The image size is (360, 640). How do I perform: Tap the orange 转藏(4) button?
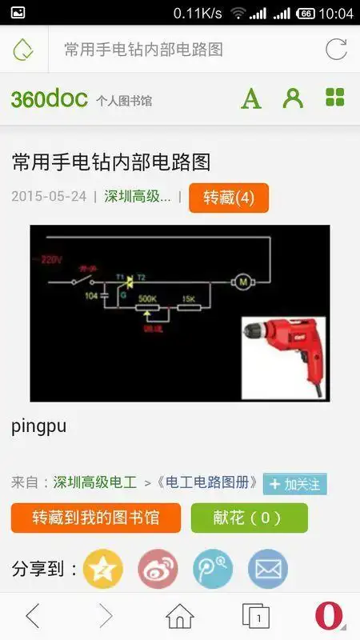point(229,198)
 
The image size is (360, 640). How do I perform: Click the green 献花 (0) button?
point(249,518)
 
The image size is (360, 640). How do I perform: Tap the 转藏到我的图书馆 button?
point(96,518)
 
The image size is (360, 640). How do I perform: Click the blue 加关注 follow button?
point(294,484)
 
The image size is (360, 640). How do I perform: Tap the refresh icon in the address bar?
point(336,50)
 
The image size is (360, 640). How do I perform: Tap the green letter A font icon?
point(251,98)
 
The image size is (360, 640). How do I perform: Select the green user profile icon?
point(294,98)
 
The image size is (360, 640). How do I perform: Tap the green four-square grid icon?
point(335,98)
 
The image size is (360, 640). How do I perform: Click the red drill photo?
point(284,358)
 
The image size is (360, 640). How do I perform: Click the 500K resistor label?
point(146,298)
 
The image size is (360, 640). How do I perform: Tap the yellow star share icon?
point(103,569)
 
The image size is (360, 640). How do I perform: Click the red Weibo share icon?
point(158,569)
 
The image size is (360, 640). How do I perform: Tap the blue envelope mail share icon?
point(267,569)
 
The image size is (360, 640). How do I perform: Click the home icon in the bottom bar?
point(180,615)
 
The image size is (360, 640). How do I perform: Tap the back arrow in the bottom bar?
point(33,615)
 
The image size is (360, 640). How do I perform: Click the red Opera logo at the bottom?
point(329,615)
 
